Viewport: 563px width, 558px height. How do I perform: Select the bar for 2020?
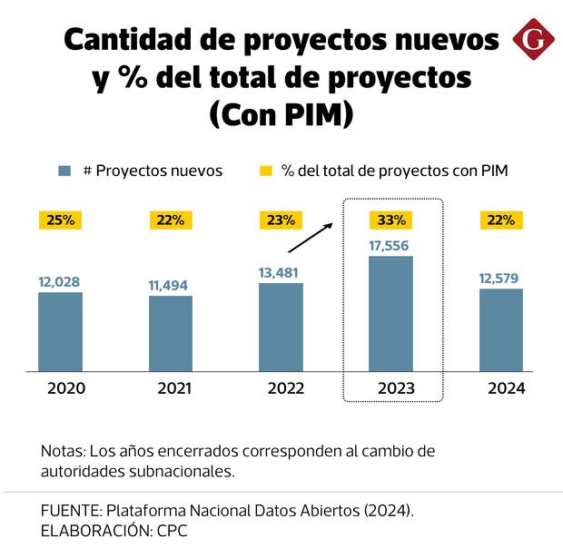60,332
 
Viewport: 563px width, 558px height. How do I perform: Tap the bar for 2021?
171,334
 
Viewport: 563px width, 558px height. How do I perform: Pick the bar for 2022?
281,328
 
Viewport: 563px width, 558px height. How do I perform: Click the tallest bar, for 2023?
391,314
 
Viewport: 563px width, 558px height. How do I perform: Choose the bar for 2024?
501,330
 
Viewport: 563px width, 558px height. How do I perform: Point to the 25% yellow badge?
60,220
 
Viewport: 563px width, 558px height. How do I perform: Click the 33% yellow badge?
391,220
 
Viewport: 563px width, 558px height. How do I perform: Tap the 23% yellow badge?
281,220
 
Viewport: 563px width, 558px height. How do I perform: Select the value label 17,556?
391,244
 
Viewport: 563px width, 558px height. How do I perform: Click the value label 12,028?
60,281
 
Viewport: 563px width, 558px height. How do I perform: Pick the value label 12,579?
501,278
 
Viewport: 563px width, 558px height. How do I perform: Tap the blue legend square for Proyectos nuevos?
64,171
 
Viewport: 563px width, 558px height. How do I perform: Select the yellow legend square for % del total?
266,171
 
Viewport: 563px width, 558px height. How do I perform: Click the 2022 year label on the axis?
281,388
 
